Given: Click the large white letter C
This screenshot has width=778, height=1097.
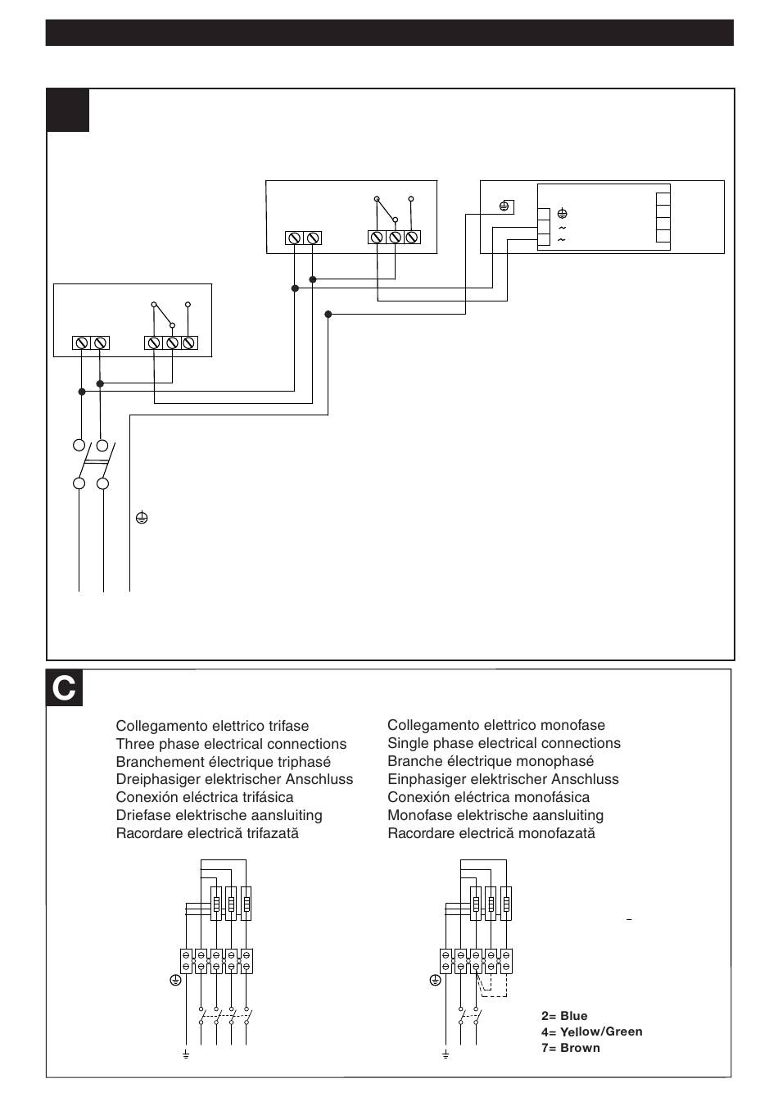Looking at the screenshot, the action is (64, 688).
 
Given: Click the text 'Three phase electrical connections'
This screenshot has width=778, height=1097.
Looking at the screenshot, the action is (231, 744).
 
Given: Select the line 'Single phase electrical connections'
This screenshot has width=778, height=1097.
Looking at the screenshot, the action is (504, 743).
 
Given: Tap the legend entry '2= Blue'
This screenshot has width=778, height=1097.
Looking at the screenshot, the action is (564, 1016).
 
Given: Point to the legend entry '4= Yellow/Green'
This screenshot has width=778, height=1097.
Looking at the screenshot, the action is (591, 1031).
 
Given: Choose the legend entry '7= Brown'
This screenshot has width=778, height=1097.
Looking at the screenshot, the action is (571, 1048).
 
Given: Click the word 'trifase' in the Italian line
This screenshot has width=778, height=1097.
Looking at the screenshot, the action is (288, 726).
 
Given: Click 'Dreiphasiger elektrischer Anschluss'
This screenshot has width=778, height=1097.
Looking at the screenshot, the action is (234, 779).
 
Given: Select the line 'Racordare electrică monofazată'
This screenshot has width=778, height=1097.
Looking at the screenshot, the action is (491, 833).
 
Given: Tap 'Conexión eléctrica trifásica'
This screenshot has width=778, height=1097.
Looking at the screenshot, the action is (205, 797).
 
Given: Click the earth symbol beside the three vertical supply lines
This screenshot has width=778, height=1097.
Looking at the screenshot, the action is (142, 517).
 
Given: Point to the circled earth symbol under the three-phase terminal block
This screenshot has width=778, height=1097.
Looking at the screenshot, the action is (175, 980).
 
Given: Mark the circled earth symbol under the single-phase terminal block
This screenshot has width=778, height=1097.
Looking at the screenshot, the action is (435, 980).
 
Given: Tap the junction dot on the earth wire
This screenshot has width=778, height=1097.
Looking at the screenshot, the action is (328, 314).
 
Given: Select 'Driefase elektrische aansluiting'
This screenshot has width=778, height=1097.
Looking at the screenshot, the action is (219, 815).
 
